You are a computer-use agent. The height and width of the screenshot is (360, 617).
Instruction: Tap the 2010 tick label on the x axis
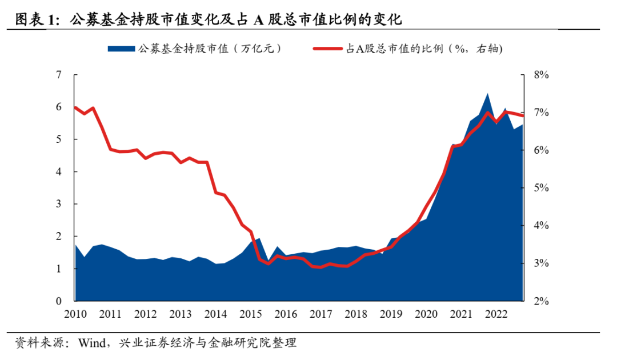coord(75,314)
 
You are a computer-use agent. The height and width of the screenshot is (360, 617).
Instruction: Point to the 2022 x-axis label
coord(495,314)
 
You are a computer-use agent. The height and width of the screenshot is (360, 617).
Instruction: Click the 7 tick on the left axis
coord(59,75)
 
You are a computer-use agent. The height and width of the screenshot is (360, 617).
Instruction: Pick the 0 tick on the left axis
coord(59,301)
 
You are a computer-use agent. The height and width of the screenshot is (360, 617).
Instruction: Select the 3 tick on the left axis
coord(59,204)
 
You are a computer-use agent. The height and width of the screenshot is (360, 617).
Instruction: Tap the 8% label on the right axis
coord(540,75)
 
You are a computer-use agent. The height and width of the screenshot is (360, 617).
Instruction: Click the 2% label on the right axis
coord(540,301)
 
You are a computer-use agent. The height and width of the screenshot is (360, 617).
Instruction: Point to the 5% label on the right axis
coord(540,188)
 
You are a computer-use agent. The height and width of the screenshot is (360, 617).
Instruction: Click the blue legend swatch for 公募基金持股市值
coord(121,49)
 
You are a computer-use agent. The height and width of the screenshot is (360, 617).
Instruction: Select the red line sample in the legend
coord(328,49)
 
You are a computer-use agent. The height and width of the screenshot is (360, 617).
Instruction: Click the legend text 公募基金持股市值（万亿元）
coord(209,49)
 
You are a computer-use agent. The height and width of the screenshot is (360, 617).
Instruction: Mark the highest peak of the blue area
coord(487,94)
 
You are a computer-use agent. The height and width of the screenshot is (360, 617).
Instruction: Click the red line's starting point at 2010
coord(75,107)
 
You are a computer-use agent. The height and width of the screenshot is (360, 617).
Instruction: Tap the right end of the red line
coord(523,116)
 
